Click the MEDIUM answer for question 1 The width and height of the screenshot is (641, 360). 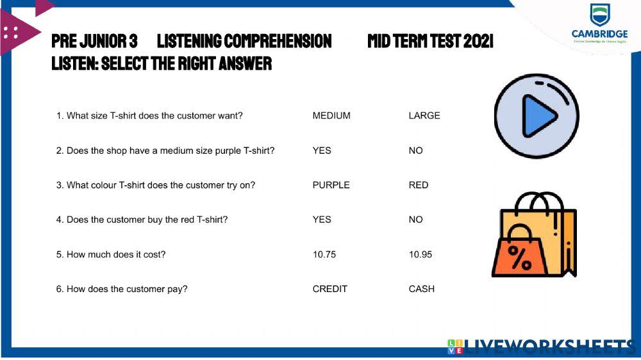coord(331,116)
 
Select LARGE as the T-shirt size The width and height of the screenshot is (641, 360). coord(424,116)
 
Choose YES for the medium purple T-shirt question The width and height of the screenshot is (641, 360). coord(322,151)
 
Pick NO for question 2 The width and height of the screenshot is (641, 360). coord(416,151)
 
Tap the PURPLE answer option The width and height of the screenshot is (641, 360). coord(331,185)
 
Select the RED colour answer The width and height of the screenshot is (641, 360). coord(419,185)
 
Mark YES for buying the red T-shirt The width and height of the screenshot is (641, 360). coord(322,220)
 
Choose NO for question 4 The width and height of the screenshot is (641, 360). coord(416,220)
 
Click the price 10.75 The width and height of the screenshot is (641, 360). coord(324,254)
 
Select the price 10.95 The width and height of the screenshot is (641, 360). coord(420,254)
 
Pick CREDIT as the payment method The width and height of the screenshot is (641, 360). coord(329,289)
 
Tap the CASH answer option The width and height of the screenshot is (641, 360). coord(422,289)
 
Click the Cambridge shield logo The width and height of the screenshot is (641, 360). coord(600,14)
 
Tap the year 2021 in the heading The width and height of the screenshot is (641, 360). coord(478,42)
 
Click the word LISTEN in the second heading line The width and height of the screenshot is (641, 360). coord(73,63)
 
